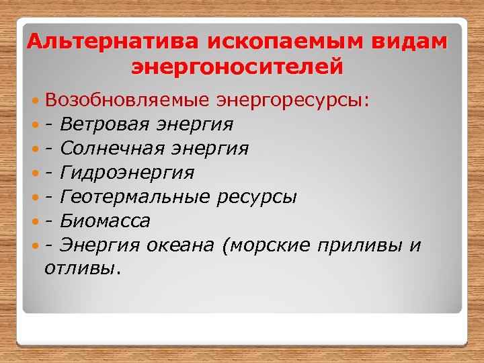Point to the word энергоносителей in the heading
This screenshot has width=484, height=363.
237,67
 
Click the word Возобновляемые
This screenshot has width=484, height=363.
128,101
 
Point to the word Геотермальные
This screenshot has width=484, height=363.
135,197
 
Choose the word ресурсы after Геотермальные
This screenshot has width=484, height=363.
257,197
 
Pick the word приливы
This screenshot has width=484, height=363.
359,245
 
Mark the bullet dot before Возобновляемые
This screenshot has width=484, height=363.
36,102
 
